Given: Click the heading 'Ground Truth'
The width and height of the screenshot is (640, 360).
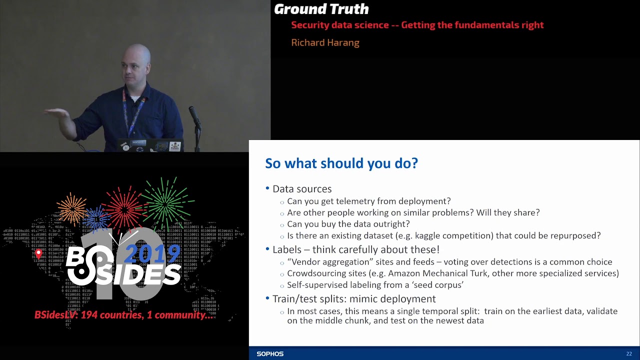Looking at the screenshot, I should (x=321, y=9).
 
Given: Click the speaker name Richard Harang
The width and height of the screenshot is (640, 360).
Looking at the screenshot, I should (x=325, y=43).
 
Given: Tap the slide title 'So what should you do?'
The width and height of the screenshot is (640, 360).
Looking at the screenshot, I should (x=341, y=163).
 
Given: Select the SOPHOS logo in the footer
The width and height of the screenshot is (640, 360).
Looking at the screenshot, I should (x=270, y=354).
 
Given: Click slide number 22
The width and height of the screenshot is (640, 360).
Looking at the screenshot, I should (x=629, y=354).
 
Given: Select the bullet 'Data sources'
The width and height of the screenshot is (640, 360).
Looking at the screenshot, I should (x=301, y=189).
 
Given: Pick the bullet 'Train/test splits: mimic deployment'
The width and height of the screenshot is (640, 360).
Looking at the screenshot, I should (x=353, y=299).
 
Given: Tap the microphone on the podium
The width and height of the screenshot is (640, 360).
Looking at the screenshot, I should (x=194, y=116).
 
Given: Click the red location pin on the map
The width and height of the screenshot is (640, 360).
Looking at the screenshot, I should (x=38, y=254).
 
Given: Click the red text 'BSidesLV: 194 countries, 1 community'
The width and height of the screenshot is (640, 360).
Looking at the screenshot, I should (x=124, y=315).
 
